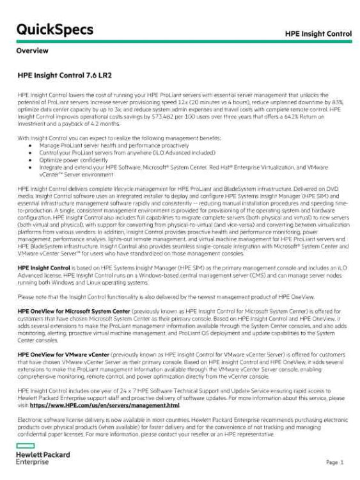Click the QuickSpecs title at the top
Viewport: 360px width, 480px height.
[54, 29]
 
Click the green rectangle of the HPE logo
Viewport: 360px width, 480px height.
[26, 447]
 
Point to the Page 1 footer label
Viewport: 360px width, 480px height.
[334, 461]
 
